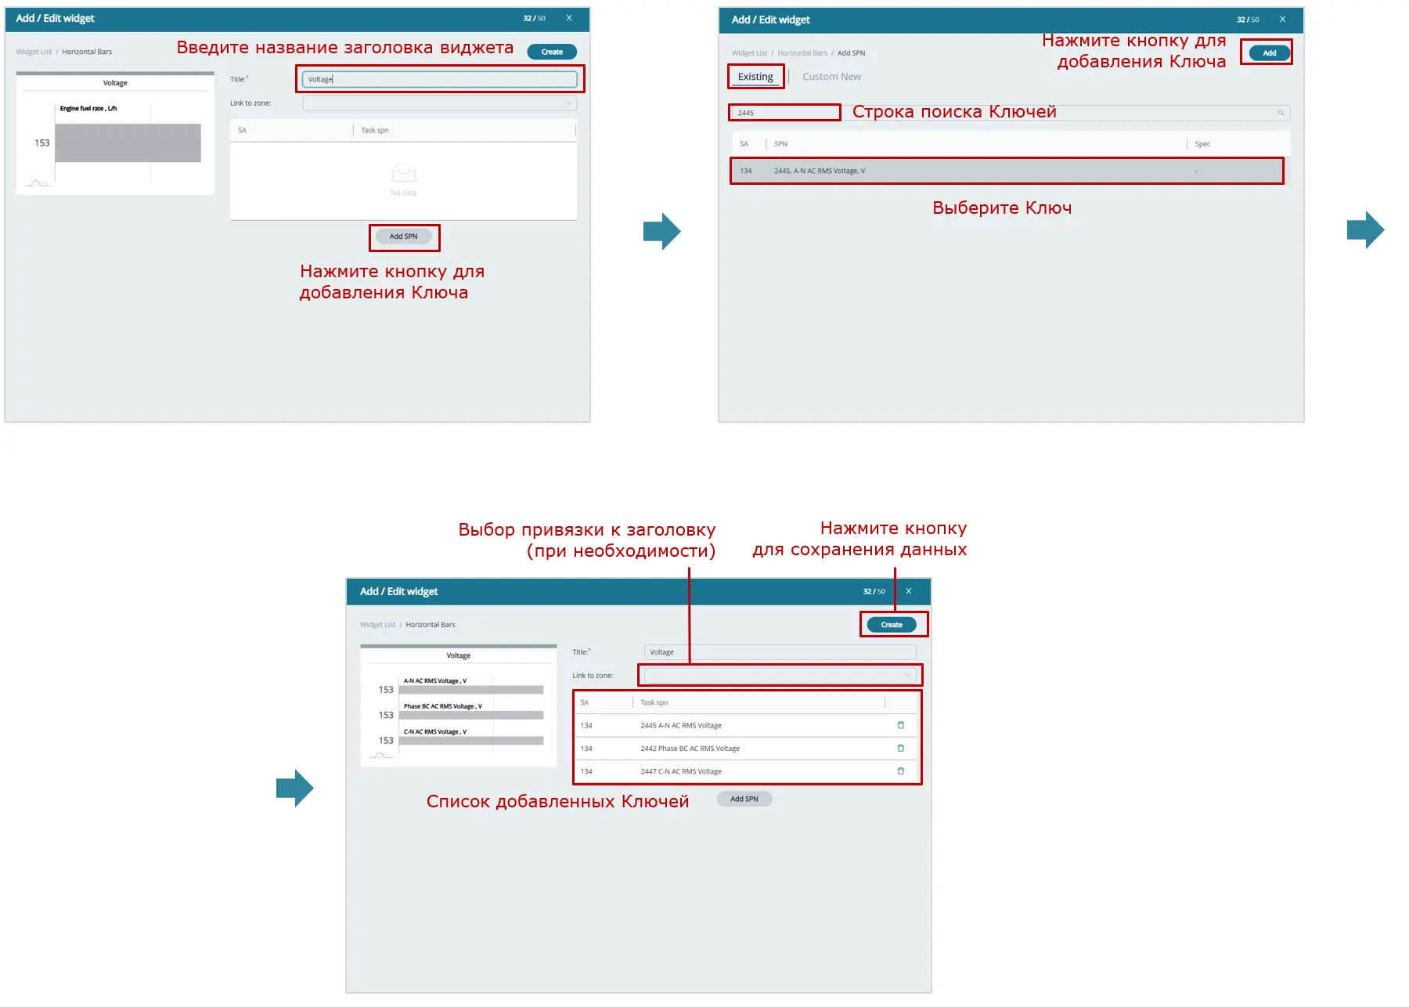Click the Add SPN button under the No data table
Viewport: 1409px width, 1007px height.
pos(404,236)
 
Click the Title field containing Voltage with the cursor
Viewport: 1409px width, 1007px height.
pos(439,79)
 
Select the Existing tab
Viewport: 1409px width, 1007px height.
pos(755,77)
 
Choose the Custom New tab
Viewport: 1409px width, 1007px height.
pos(831,77)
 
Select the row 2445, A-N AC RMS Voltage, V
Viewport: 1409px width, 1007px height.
pos(1007,171)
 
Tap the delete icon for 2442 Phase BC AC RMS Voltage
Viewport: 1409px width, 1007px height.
pos(900,748)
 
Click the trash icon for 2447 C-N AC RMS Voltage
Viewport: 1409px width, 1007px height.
pos(900,771)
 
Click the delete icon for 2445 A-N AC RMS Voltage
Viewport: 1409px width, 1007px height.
pos(900,725)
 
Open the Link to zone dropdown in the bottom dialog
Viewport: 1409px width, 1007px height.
pos(780,675)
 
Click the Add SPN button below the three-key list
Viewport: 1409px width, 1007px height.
pos(744,799)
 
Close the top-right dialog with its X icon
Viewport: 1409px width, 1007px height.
pos(1282,20)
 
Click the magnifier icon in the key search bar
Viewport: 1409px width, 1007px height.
pos(1281,113)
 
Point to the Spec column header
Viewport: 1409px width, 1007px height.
pos(1202,144)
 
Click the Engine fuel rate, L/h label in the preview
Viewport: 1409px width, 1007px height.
pos(88,109)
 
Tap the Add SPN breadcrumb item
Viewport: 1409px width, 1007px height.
pos(852,53)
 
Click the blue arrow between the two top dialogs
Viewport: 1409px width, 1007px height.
pos(662,231)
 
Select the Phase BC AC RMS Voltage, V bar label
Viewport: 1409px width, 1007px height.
pos(443,706)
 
